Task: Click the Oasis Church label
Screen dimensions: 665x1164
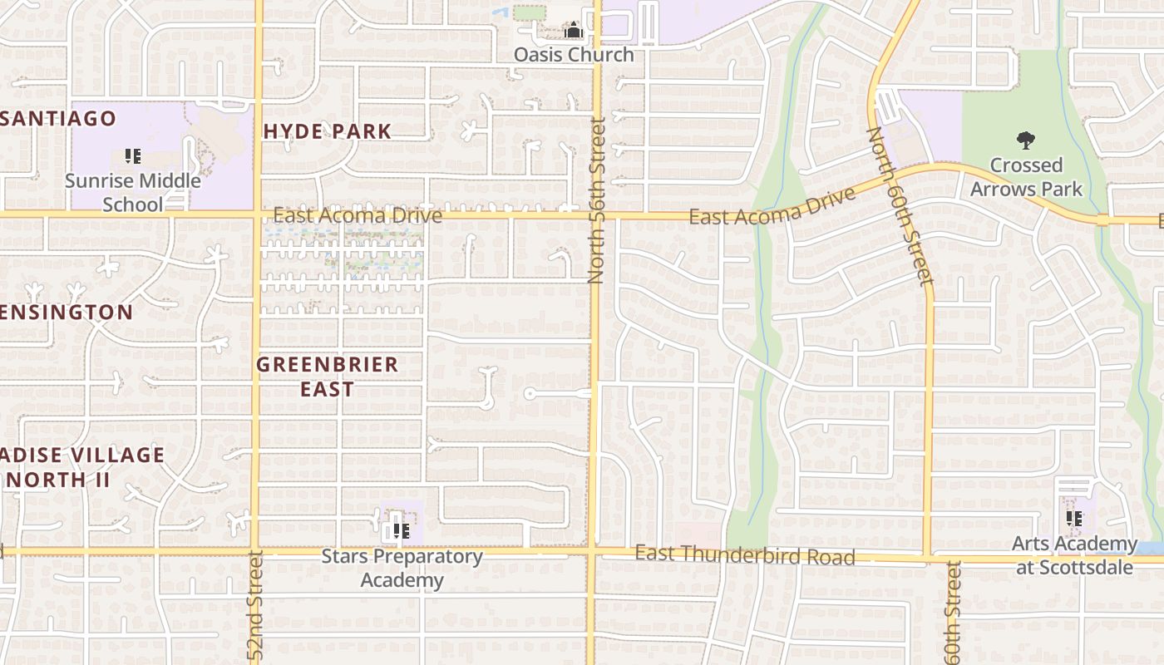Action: [x=574, y=55]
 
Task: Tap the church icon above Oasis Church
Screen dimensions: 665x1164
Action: [x=574, y=32]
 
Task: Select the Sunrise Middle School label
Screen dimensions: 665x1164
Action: [x=133, y=192]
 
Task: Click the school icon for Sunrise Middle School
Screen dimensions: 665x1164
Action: [x=132, y=155]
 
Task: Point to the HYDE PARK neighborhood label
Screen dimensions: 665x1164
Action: [x=328, y=131]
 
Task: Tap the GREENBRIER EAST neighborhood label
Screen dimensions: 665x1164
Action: [x=328, y=377]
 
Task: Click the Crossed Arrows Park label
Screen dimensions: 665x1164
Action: [x=1027, y=177]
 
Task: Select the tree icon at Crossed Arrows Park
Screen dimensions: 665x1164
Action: [x=1026, y=140]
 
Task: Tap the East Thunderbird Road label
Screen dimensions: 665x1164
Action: [x=745, y=554]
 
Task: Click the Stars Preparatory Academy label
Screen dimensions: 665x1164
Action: [x=402, y=568]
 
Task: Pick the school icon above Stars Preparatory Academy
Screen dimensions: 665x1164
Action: [x=402, y=530]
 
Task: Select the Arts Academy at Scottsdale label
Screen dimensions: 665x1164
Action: [x=1074, y=555]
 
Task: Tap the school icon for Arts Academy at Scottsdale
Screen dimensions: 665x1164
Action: [x=1074, y=519]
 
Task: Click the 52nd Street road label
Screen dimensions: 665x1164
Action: [x=255, y=604]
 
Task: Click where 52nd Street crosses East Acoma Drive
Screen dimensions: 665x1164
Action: [x=257, y=214]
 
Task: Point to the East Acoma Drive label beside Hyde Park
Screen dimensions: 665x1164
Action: [x=358, y=216]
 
